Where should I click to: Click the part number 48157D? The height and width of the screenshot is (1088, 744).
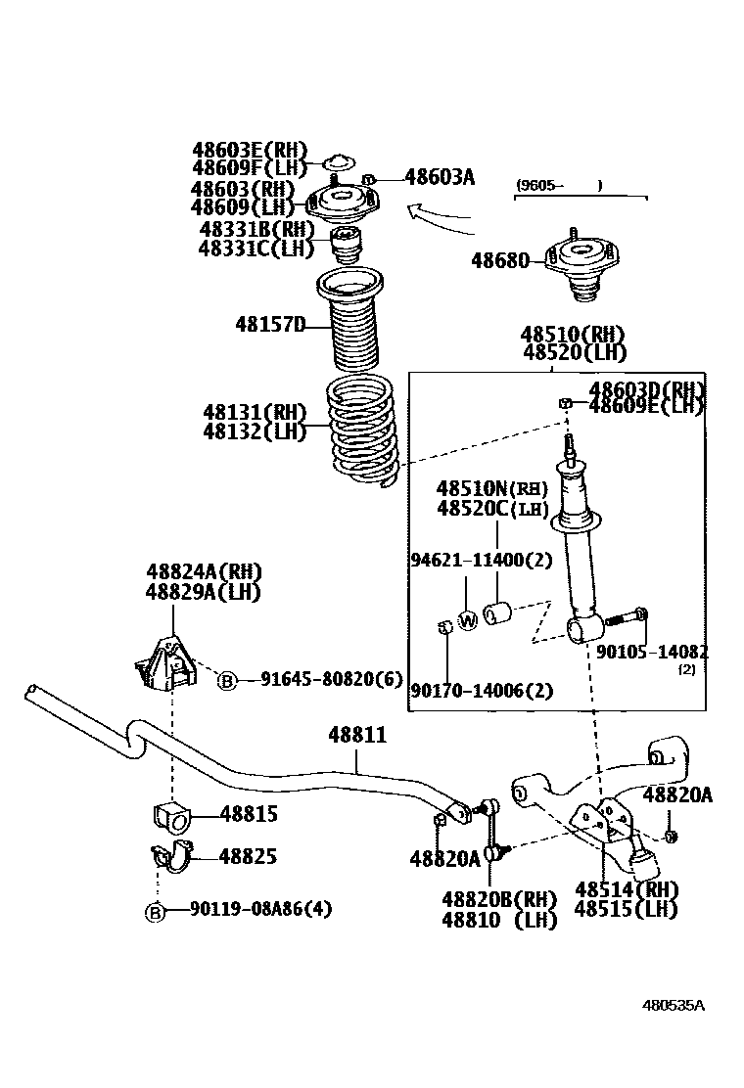tap(270, 324)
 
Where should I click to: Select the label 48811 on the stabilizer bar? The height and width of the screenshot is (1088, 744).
tap(356, 735)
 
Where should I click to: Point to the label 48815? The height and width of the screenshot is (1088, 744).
tap(249, 813)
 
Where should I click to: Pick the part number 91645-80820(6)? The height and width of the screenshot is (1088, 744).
tap(332, 678)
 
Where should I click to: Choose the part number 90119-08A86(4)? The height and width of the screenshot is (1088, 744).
tap(261, 909)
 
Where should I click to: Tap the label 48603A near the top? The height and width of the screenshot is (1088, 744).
tap(440, 177)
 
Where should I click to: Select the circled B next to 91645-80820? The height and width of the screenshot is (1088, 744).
tap(226, 680)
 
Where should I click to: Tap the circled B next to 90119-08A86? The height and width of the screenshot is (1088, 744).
tap(155, 911)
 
